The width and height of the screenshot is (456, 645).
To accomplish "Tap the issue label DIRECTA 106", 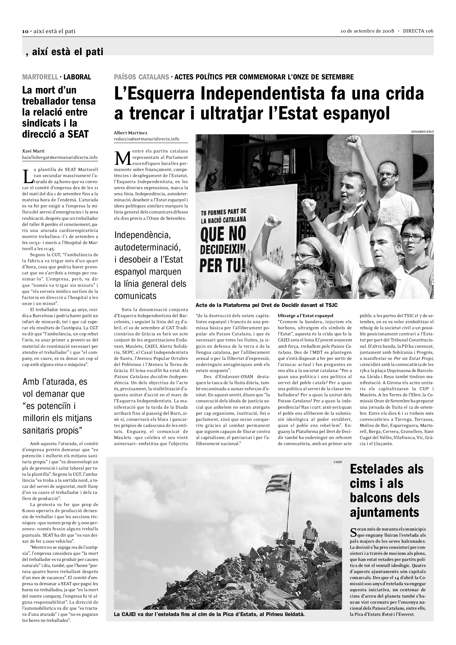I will click(x=418, y=31).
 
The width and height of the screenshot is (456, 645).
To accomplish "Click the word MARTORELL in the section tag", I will click(x=40, y=77).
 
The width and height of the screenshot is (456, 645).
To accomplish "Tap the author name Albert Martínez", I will click(x=130, y=133).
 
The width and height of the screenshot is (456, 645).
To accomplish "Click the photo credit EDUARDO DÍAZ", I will click(x=422, y=132).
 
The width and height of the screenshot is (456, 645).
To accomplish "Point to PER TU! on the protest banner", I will click(x=222, y=265).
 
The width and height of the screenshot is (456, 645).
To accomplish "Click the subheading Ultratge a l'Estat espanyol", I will click(x=305, y=315).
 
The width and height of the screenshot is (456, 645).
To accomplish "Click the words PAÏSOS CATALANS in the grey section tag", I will click(x=142, y=77).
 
